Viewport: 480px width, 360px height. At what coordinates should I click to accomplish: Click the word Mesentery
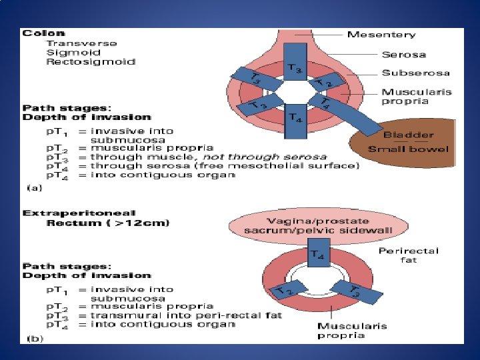point(381,35)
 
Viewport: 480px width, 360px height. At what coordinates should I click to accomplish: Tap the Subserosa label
point(415,73)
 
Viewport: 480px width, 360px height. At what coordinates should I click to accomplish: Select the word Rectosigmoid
point(91,61)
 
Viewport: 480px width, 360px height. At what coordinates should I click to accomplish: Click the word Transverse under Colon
point(82,43)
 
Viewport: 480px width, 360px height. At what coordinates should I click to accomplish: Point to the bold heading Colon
point(45,33)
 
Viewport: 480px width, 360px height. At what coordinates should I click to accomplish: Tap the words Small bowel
point(409,149)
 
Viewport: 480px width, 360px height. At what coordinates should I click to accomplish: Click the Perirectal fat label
point(408,255)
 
